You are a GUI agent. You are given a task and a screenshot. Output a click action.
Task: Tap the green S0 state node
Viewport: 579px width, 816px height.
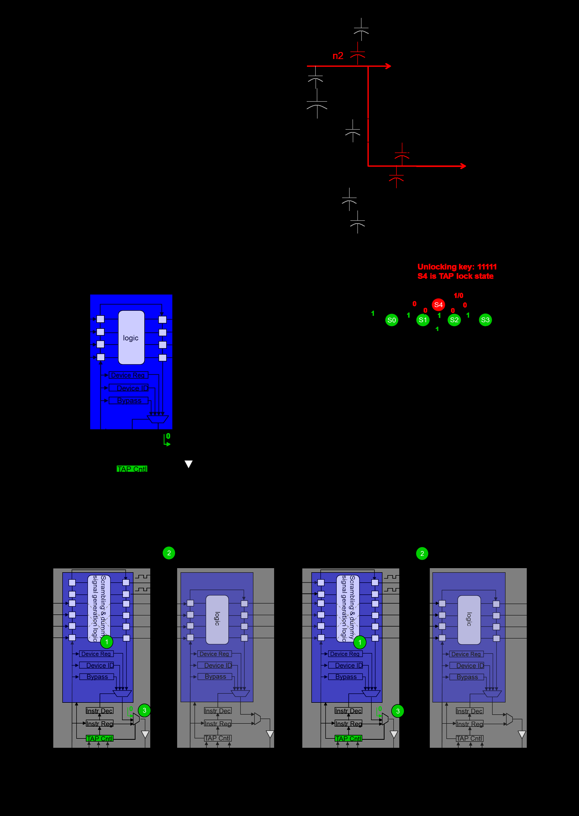pyautogui.click(x=392, y=320)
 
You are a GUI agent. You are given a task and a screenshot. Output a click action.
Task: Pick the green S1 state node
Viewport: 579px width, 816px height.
pyautogui.click(x=423, y=320)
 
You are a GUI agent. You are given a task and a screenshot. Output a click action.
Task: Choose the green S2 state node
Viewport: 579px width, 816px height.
pyautogui.click(x=454, y=320)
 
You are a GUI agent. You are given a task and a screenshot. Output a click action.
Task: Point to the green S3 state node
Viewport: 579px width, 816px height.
pyautogui.click(x=485, y=320)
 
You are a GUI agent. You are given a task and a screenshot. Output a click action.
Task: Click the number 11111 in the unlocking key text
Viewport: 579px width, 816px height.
pyautogui.click(x=487, y=267)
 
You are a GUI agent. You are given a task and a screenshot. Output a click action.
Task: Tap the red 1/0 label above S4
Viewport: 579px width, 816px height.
pyautogui.click(x=458, y=296)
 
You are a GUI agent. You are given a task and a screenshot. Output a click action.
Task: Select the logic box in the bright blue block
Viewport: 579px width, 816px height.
pyautogui.click(x=131, y=337)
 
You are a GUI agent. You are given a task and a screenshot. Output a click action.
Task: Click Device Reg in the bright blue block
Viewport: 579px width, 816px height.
pyautogui.click(x=128, y=375)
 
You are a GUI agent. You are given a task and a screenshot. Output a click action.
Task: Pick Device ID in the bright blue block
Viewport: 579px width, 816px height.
pyautogui.click(x=132, y=388)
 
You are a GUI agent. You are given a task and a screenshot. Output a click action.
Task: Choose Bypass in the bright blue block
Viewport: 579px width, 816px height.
pyautogui.click(x=129, y=400)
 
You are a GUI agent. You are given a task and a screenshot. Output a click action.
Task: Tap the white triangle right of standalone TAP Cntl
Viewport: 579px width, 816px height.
pyautogui.click(x=189, y=463)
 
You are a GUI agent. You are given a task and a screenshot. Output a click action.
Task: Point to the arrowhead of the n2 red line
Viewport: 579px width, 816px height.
pyautogui.click(x=389, y=66)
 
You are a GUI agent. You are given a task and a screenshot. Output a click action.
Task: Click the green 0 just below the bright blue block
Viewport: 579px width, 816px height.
pyautogui.click(x=168, y=436)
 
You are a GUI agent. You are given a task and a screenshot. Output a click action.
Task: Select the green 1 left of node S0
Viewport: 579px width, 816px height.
pyautogui.click(x=373, y=313)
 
